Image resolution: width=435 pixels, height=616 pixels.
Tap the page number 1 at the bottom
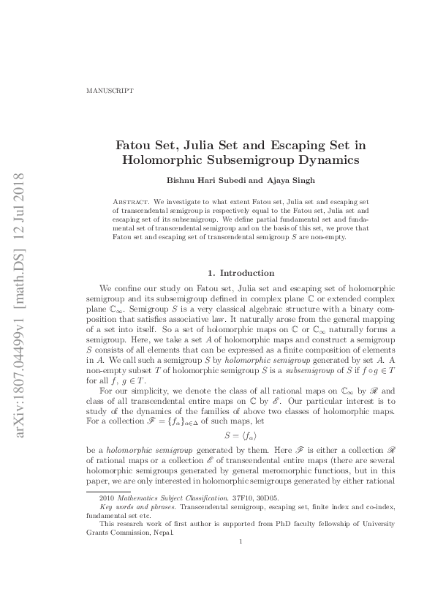click(241, 561)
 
